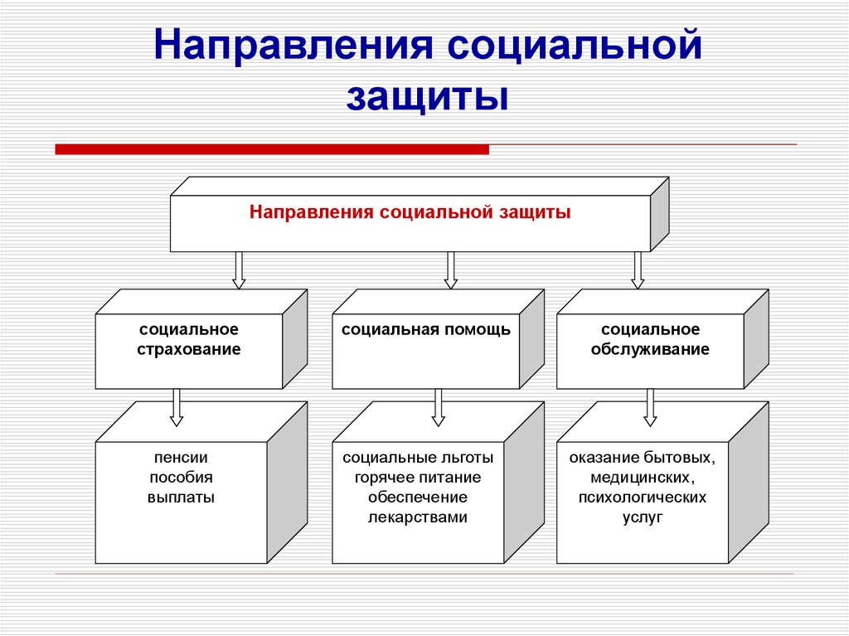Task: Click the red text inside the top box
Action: (x=410, y=212)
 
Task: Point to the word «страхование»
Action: (x=189, y=349)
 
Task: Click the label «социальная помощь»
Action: (x=426, y=330)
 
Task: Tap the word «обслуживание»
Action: (x=650, y=349)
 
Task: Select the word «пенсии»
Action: (x=181, y=457)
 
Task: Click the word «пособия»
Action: (x=181, y=477)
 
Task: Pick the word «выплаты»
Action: (x=181, y=498)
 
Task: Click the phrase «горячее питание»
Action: (x=418, y=477)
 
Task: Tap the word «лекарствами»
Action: (x=418, y=517)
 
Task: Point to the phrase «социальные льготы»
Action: (x=418, y=457)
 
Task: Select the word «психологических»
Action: (x=643, y=498)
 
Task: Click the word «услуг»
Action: (x=643, y=517)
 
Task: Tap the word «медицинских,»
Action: (x=643, y=477)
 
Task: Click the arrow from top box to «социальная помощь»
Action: (x=451, y=269)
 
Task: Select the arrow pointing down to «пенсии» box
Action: (x=176, y=406)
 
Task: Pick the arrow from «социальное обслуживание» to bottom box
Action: (x=650, y=406)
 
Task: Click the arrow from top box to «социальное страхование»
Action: (x=239, y=269)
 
